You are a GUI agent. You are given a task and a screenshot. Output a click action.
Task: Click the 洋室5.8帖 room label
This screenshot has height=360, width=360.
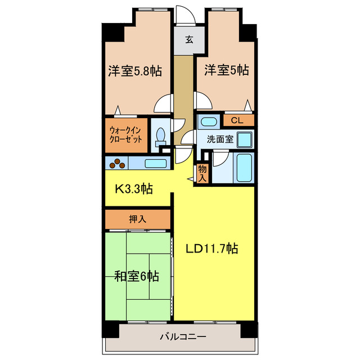tap(135, 71)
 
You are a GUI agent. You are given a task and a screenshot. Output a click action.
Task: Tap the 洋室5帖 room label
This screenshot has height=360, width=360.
tap(226, 70)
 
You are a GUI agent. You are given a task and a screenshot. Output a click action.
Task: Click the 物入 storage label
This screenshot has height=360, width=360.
tap(202, 173)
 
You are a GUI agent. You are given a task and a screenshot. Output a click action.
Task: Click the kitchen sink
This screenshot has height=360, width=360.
tap(155, 164)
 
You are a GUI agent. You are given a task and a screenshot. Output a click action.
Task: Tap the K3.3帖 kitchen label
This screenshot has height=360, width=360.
tap(134, 188)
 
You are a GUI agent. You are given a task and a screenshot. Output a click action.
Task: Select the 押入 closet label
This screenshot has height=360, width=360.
tap(137, 219)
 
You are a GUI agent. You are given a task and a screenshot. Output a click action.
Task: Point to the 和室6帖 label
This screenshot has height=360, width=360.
tap(136, 276)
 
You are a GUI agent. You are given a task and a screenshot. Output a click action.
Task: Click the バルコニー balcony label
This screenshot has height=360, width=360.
tap(182, 337)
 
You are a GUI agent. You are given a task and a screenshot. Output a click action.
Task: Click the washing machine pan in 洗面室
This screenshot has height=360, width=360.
tap(244, 139)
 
